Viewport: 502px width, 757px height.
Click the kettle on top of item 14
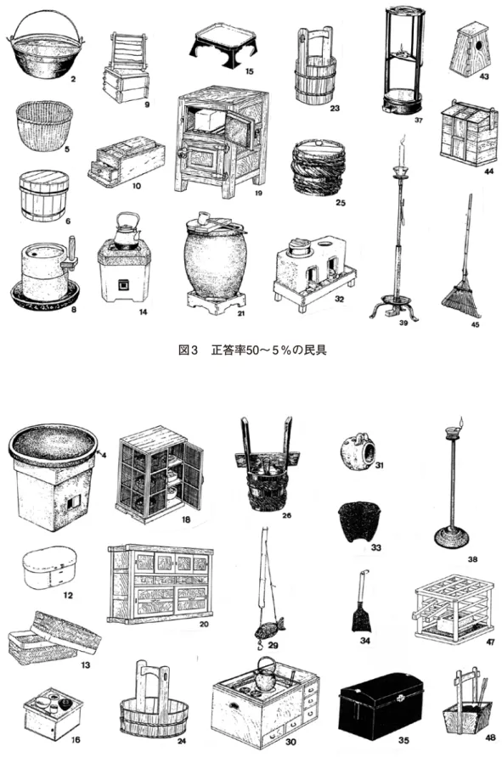point(127,231)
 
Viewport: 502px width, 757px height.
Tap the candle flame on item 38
point(461,421)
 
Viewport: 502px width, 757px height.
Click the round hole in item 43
point(479,47)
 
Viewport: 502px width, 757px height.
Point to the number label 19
point(257,193)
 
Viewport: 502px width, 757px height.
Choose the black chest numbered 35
point(381,701)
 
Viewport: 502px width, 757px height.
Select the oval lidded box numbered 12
point(49,568)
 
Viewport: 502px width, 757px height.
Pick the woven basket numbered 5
point(44,125)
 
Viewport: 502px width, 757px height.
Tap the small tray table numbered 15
point(226,41)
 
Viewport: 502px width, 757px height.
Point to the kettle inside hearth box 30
point(266,675)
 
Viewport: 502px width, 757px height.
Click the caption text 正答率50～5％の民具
point(268,350)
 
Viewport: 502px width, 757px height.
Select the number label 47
point(490,642)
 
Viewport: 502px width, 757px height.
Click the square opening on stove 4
point(73,502)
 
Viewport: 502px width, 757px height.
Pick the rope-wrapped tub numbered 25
point(319,167)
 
